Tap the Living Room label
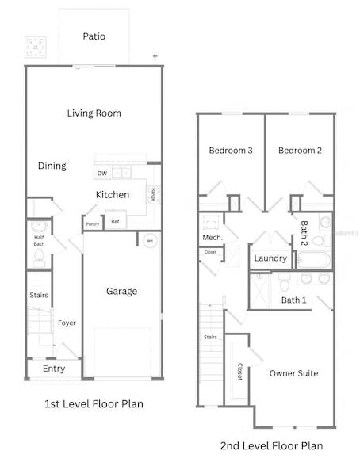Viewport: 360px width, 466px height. click(x=94, y=113)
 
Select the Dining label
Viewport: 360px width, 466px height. click(x=52, y=166)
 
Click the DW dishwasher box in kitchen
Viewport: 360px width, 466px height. click(x=102, y=173)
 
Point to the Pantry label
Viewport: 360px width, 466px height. click(x=93, y=224)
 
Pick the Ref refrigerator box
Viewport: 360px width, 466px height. click(x=116, y=221)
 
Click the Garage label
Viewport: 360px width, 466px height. click(x=121, y=291)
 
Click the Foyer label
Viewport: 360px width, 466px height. click(x=67, y=323)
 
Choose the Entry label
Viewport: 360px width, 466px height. click(x=54, y=369)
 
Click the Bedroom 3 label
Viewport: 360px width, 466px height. click(x=230, y=151)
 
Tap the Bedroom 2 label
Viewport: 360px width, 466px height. click(x=299, y=151)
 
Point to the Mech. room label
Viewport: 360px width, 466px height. click(x=213, y=237)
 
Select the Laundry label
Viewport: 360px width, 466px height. click(x=270, y=258)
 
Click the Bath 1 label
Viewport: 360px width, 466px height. click(x=293, y=300)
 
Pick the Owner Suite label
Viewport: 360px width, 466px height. click(x=293, y=372)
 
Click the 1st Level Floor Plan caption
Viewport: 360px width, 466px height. click(x=94, y=404)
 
